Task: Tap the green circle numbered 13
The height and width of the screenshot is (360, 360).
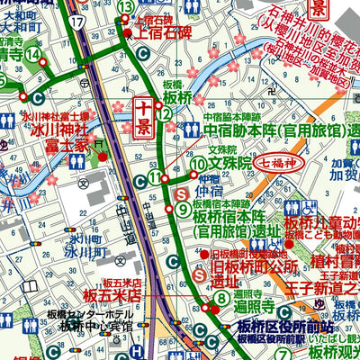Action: point(126,7)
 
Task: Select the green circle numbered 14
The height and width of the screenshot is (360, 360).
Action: point(34,55)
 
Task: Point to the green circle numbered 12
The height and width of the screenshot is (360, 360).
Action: point(162,113)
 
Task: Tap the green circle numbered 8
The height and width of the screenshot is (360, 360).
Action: point(220,299)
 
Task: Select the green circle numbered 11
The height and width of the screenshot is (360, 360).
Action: point(156,178)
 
